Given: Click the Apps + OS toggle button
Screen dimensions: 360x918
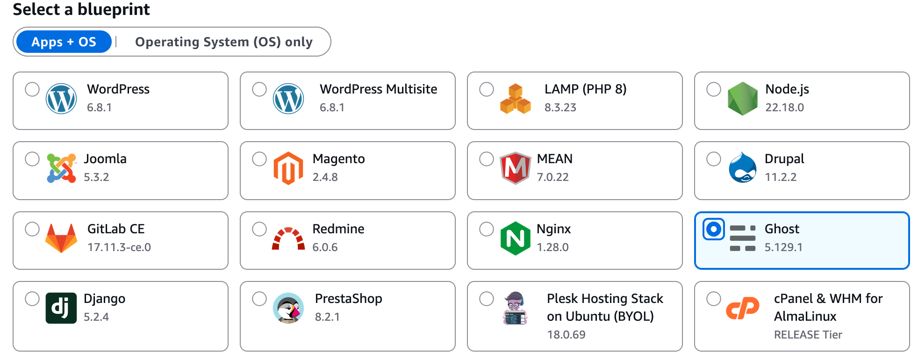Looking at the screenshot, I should click(x=64, y=42).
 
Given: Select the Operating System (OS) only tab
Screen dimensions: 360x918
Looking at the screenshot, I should click(x=223, y=42).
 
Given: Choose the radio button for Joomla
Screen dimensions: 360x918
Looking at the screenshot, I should click(x=32, y=159).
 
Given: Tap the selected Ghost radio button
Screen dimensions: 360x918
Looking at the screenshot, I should click(x=713, y=229).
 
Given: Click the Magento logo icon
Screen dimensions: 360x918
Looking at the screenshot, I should click(x=288, y=168).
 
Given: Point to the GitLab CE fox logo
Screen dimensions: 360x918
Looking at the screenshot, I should click(x=61, y=238).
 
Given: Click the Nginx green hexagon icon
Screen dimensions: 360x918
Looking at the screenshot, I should click(x=515, y=238).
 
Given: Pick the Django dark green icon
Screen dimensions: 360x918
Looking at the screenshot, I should click(x=61, y=308).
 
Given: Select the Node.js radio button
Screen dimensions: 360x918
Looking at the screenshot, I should click(x=713, y=89).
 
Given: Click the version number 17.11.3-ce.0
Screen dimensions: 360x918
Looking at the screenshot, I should click(x=119, y=247).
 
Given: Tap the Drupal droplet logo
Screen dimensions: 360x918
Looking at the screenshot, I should click(x=742, y=168).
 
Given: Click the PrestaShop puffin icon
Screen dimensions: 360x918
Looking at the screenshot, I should click(x=288, y=308).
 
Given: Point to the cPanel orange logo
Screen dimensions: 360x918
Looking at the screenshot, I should click(x=742, y=309).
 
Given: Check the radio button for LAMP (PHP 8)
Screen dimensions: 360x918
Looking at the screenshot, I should click(x=486, y=89).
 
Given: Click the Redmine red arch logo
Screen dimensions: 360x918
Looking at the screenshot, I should click(x=288, y=239).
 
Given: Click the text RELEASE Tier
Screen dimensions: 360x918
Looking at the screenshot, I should click(x=808, y=335).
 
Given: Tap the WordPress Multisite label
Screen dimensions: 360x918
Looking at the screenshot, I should click(x=378, y=89).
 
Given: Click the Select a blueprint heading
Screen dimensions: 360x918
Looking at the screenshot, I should click(x=81, y=9).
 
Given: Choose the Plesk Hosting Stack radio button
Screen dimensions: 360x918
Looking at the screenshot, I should click(x=486, y=299).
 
